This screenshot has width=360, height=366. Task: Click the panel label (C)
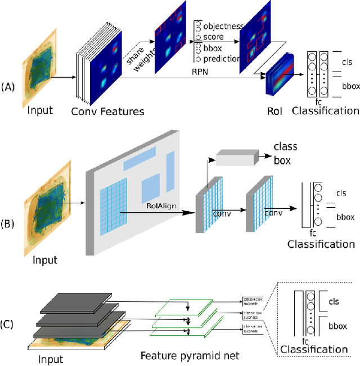(8, 324)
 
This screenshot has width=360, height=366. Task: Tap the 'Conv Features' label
(107, 111)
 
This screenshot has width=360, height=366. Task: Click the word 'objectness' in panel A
(223, 26)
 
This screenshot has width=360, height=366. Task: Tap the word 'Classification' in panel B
(321, 244)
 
